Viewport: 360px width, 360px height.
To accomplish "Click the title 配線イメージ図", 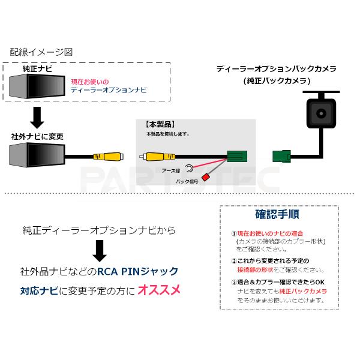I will [x=41, y=52].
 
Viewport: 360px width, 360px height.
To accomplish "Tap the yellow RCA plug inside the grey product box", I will [x=154, y=158].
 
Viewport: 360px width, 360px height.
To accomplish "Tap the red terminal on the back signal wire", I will [x=205, y=177].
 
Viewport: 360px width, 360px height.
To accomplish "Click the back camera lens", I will [x=319, y=113].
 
